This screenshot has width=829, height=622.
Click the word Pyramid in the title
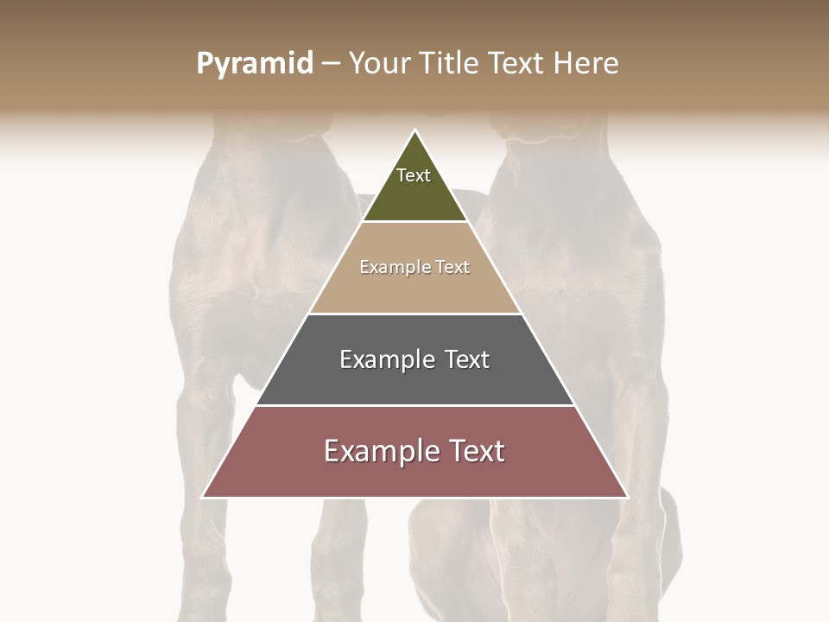click(254, 64)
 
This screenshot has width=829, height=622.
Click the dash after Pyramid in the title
click(331, 64)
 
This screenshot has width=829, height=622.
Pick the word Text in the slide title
click(517, 64)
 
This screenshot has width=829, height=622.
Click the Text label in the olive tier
click(414, 175)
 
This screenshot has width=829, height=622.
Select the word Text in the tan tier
click(453, 267)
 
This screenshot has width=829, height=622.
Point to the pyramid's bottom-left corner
click(203, 497)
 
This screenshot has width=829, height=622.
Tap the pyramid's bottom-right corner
click(627, 497)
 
